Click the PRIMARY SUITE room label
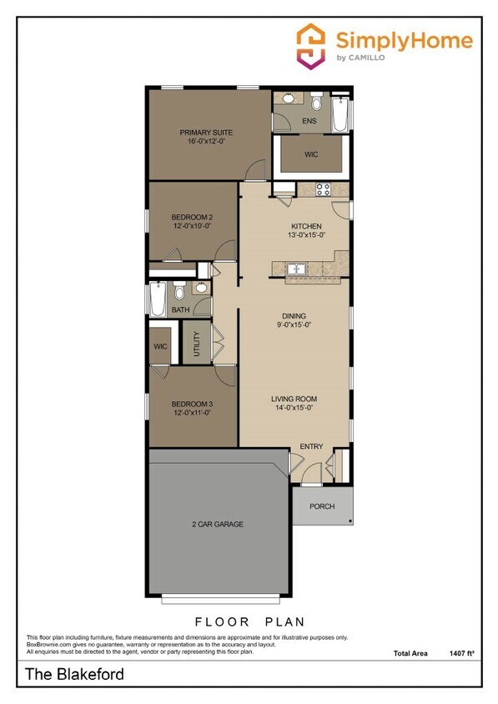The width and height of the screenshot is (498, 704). pyautogui.click(x=206, y=133)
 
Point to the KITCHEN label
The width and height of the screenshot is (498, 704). pyautogui.click(x=306, y=226)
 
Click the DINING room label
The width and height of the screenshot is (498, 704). pyautogui.click(x=294, y=316)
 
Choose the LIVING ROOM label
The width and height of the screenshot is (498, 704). pyautogui.click(x=294, y=399)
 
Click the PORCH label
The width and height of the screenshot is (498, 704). pyautogui.click(x=322, y=506)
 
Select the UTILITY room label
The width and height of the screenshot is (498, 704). pyautogui.click(x=197, y=344)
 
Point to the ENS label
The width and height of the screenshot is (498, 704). pyautogui.click(x=309, y=121)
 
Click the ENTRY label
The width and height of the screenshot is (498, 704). pyautogui.click(x=311, y=447)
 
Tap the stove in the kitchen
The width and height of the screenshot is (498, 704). pyautogui.click(x=322, y=189)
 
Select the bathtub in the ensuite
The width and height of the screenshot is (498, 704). pyautogui.click(x=340, y=113)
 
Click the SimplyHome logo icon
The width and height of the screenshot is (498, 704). pyautogui.click(x=310, y=44)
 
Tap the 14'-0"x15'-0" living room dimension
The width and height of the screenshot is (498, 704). pyautogui.click(x=294, y=409)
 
